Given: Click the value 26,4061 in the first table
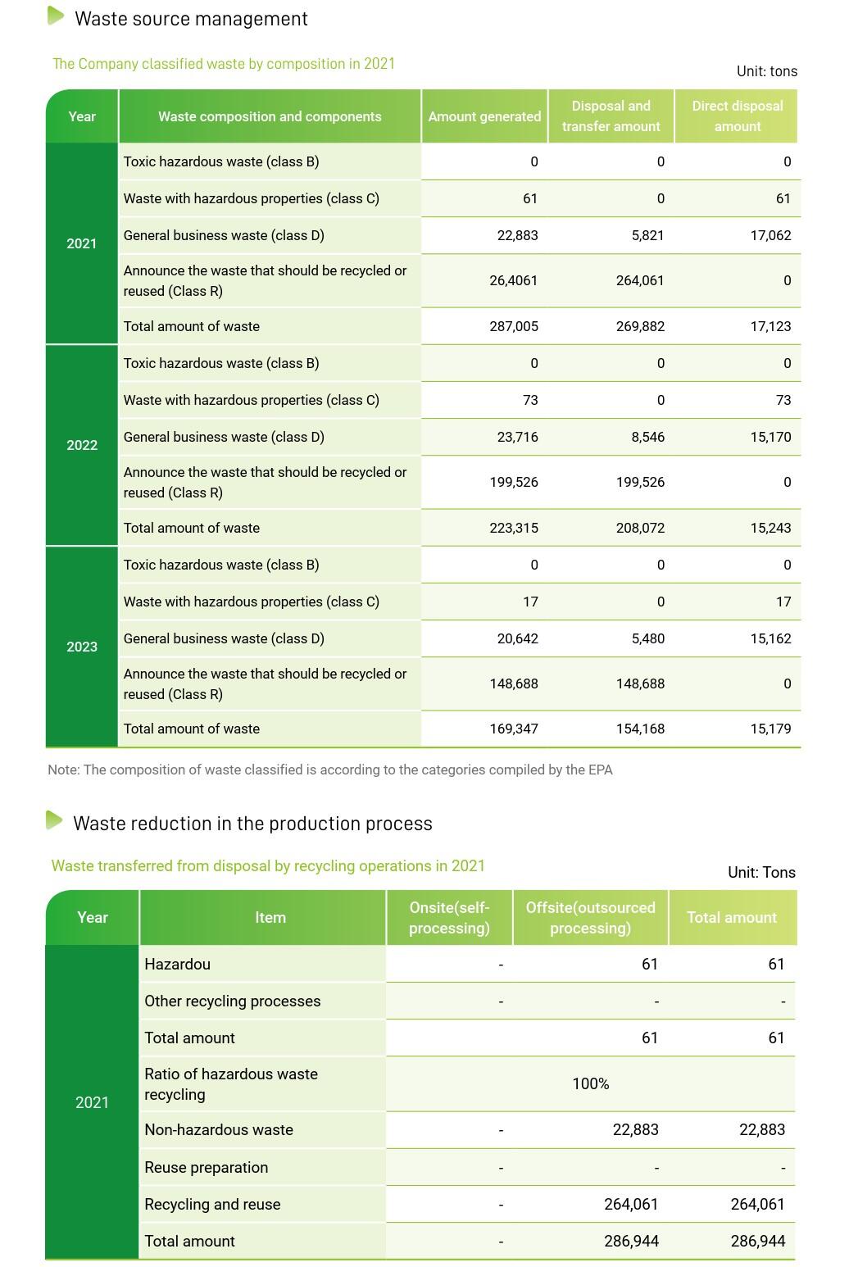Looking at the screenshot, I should click(x=514, y=280).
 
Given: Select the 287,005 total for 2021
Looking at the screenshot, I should click(x=514, y=326).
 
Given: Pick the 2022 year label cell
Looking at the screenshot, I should click(x=82, y=445).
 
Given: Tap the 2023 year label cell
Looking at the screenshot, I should click(x=82, y=647).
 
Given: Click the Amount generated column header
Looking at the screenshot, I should click(x=484, y=116).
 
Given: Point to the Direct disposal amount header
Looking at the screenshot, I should click(x=737, y=116).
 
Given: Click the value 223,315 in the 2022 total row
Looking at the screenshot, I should click(x=514, y=528).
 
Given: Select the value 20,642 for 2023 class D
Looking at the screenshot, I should click(x=517, y=638).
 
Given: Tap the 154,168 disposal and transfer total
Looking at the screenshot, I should click(x=640, y=729).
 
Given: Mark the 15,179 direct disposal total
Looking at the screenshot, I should click(x=770, y=729).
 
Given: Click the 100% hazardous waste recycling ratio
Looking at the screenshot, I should click(x=590, y=1083).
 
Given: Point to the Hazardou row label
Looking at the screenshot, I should click(x=177, y=964).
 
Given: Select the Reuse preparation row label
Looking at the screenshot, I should click(x=206, y=1167).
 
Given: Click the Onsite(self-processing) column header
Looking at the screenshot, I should click(x=449, y=918).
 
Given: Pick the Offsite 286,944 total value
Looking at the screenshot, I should click(x=631, y=1241).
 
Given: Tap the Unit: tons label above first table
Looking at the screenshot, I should click(x=766, y=71).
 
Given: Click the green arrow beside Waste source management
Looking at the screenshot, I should click(x=56, y=16).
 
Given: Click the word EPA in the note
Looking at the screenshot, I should click(x=600, y=770).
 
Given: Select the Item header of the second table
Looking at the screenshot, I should click(x=270, y=918).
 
